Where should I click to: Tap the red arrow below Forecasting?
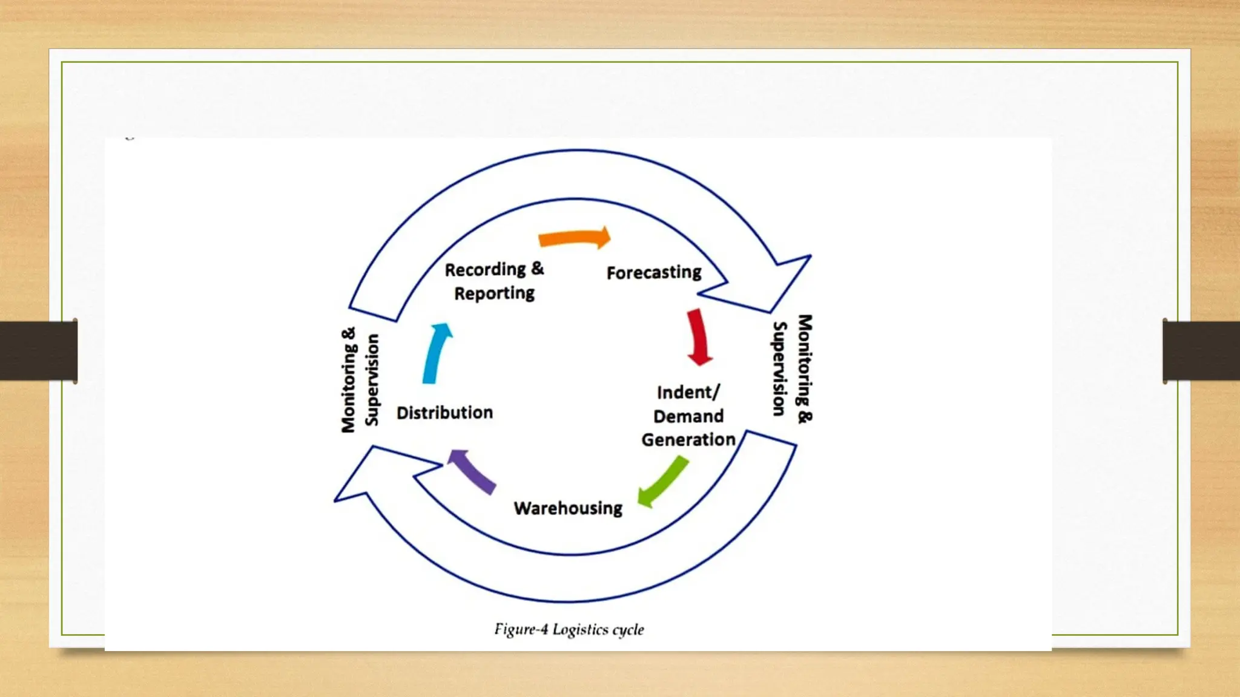tap(698, 337)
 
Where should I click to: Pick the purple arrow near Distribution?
tap(472, 471)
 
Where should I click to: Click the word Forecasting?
tap(654, 273)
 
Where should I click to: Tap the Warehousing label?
tap(568, 508)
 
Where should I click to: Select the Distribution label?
tap(444, 413)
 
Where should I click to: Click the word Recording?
tap(485, 270)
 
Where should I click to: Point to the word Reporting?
tap(494, 294)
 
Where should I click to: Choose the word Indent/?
tap(688, 393)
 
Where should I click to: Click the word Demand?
tap(688, 417)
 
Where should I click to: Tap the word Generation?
tap(688, 440)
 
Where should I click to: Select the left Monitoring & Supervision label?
tap(360, 381)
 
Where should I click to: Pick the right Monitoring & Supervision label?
tap(793, 368)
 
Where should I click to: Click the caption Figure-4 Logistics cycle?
tap(569, 630)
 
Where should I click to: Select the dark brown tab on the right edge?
tap(1201, 351)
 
